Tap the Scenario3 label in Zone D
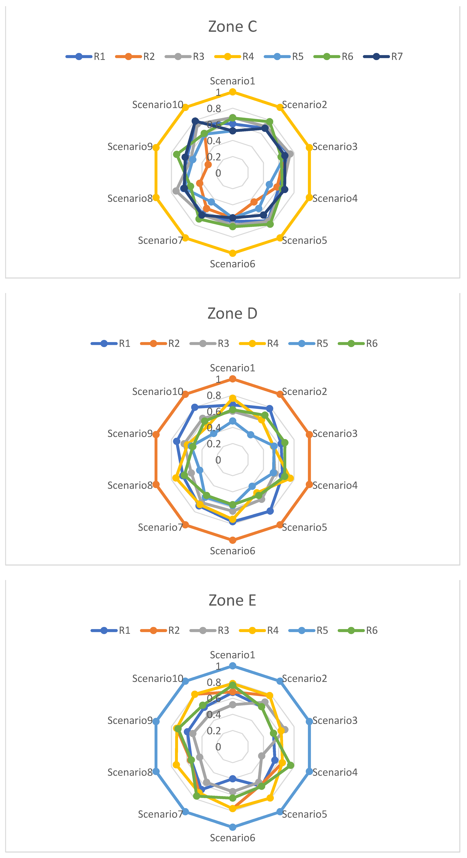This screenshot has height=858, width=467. (x=335, y=434)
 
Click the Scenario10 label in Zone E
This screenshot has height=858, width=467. (x=158, y=678)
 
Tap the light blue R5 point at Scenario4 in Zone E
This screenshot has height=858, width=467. (x=309, y=771)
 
